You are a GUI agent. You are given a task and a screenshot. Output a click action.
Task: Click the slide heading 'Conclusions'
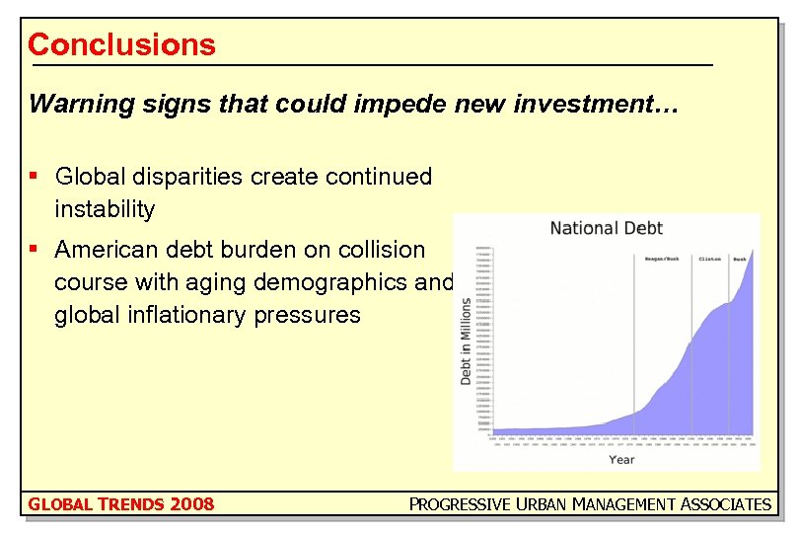pos(121,44)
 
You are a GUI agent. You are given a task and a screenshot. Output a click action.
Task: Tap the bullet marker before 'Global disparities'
pos(34,176)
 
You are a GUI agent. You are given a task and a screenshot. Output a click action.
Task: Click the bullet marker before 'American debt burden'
pos(34,249)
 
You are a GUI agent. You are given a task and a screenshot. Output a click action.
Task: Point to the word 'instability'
pos(105,209)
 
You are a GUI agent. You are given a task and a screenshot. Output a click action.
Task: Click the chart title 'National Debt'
pos(606,228)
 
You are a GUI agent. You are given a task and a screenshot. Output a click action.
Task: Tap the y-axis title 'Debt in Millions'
pos(466,341)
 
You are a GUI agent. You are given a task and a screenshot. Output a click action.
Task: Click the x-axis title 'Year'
pos(621,459)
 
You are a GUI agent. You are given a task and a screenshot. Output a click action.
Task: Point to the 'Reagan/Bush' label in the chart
pos(662,259)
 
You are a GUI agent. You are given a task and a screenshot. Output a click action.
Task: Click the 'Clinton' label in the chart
pos(709,259)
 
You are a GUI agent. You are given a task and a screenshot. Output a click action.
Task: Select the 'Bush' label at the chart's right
pos(740,259)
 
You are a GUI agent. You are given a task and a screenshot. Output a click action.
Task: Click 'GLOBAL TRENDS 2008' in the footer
pos(121,504)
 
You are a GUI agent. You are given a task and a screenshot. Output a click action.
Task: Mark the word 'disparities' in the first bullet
pos(193,177)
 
